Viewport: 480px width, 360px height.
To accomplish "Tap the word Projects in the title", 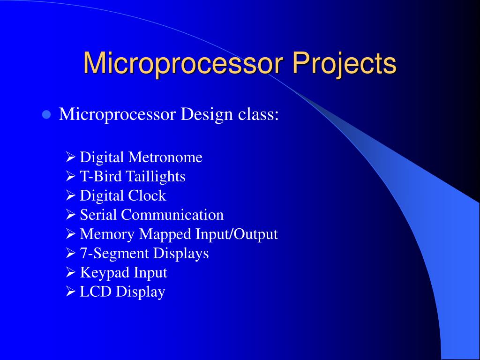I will point(345,64).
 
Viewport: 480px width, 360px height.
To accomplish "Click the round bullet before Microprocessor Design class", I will point(46,115).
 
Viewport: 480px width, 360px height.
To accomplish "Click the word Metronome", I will point(165,157).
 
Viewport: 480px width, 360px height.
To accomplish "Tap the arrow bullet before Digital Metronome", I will point(71,157).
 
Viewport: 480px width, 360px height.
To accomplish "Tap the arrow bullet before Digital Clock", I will point(71,196).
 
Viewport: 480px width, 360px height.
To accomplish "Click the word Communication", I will point(172,215).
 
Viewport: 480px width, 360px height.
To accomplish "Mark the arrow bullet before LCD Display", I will point(71,292).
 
